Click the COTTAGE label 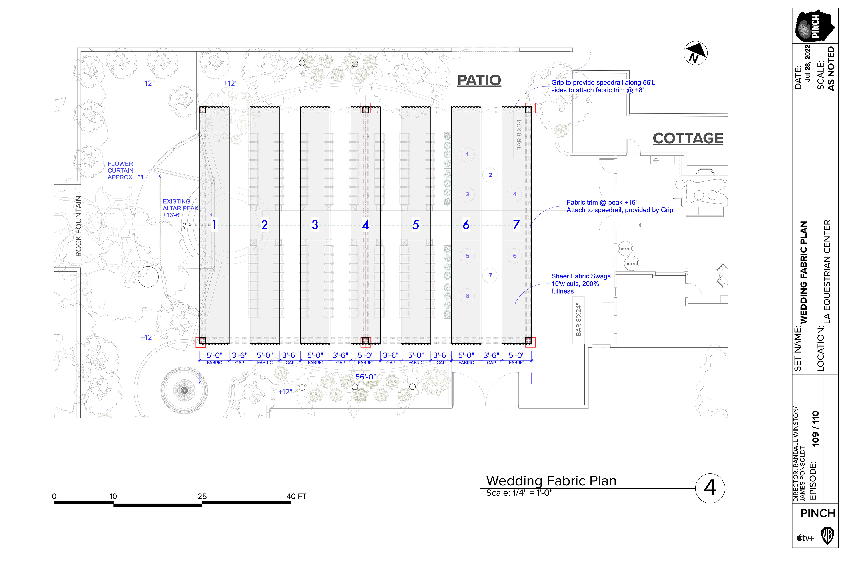(x=688, y=138)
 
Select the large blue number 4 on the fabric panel (x=365, y=225)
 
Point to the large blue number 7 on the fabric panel (x=516, y=225)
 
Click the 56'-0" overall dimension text (x=365, y=377)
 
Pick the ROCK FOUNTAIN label (x=78, y=226)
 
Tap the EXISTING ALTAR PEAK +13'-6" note (x=180, y=208)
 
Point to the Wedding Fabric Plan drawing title (x=551, y=481)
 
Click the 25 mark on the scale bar (x=202, y=496)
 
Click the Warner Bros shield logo (x=827, y=536)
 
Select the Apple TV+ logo (x=805, y=538)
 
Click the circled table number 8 (x=467, y=296)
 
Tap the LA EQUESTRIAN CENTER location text (x=827, y=272)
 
